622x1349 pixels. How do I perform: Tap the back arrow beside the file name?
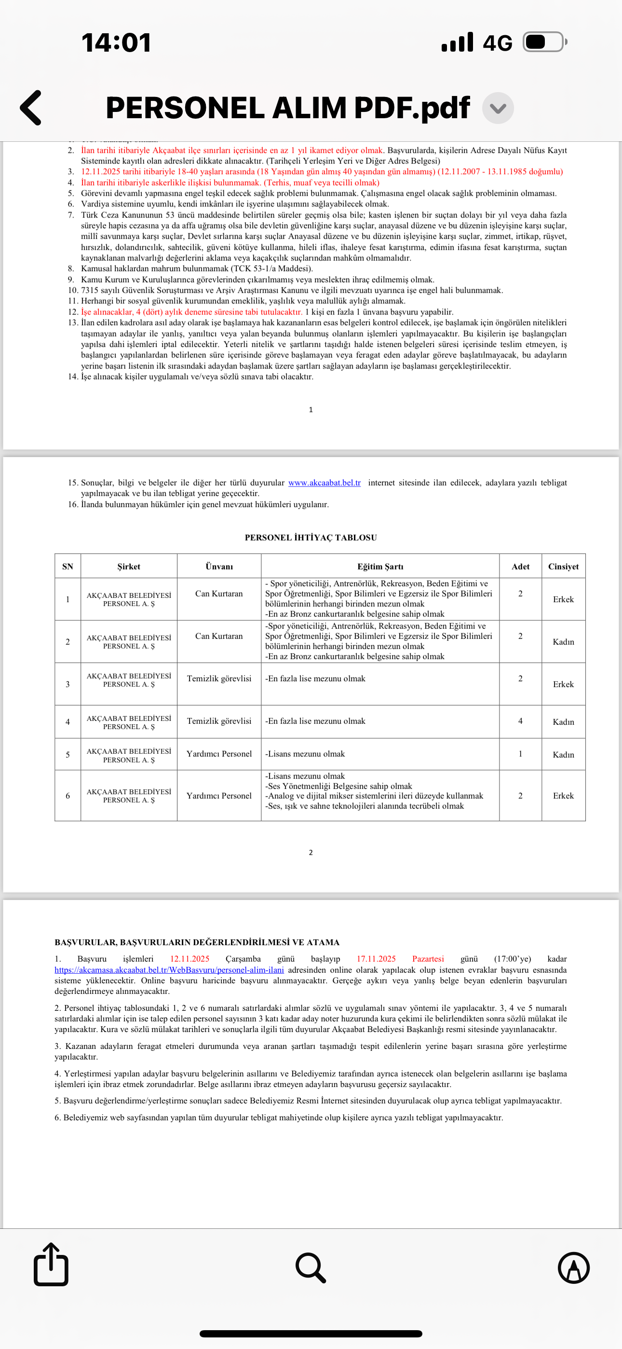31,108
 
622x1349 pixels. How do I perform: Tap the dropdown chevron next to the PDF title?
498,109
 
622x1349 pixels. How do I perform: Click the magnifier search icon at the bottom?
311,1268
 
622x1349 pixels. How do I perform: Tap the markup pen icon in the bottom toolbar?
573,1268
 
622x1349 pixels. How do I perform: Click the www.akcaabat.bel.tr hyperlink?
324,483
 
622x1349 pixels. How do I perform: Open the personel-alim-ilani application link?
169,970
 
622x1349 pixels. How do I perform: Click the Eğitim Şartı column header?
380,566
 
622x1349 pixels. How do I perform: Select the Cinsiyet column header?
563,566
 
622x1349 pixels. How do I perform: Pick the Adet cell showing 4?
520,721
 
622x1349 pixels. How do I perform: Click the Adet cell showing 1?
520,754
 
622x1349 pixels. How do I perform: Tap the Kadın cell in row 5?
563,755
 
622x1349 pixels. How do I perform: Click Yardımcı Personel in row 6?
219,796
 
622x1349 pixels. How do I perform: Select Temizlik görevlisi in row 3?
219,679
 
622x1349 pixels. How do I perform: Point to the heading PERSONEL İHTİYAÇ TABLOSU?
311,538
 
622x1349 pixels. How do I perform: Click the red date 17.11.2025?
376,959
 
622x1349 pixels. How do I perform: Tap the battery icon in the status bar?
544,42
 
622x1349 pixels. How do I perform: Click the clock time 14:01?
116,42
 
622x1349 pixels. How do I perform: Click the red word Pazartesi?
428,959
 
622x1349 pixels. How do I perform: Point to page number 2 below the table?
311,853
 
